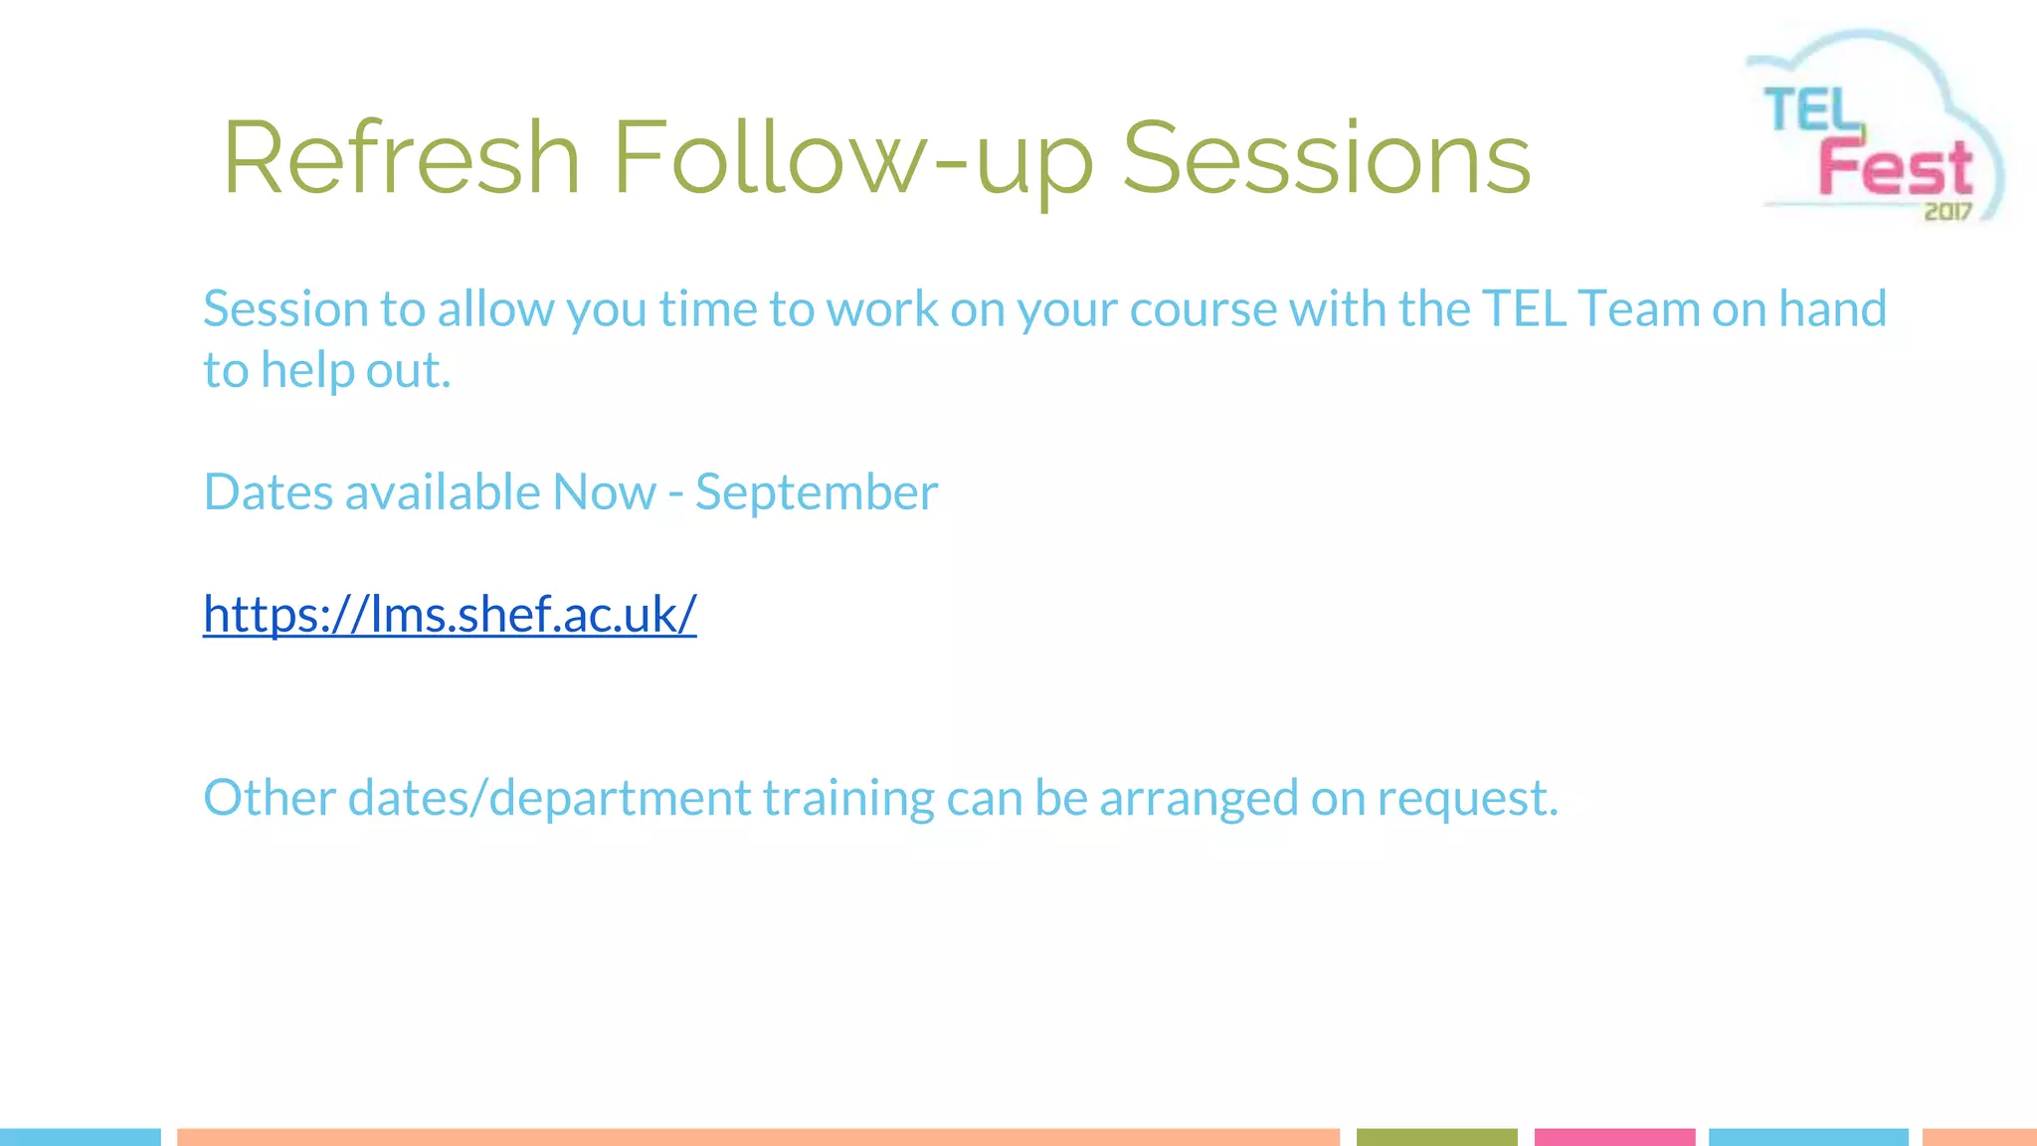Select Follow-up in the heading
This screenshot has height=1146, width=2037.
pos(852,157)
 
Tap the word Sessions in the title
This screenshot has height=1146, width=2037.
pos(1326,157)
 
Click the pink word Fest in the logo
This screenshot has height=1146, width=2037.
pos(1896,167)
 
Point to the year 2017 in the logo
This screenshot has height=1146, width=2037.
pos(1947,211)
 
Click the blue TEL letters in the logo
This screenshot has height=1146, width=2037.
pos(1812,109)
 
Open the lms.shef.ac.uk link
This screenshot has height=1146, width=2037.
pos(450,613)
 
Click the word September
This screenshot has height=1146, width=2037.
pos(816,491)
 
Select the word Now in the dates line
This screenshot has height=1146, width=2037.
pos(604,491)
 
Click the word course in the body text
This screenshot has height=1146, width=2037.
pos(1203,308)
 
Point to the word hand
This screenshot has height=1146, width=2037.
pos(1832,308)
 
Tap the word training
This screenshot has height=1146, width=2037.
pos(847,797)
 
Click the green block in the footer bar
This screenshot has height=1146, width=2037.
pos(1436,1137)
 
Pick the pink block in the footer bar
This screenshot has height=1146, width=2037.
pos(1614,1137)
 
